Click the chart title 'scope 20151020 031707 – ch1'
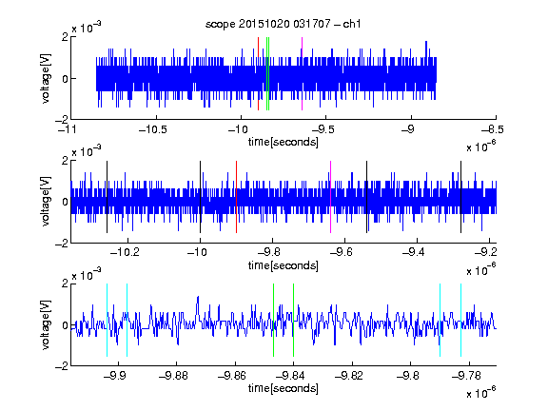tap(283, 24)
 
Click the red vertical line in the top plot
tap(258, 74)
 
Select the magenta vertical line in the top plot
tap(302, 74)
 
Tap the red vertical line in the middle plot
tap(236, 197)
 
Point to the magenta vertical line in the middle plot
tap(331, 197)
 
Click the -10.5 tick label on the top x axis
tap(153, 130)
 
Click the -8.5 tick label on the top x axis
tap(493, 130)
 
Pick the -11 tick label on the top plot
tap(68, 130)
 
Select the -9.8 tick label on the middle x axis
tap(268, 252)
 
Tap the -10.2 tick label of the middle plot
tap(125, 252)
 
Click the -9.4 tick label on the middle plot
tap(414, 252)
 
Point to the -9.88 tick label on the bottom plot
tap(173, 376)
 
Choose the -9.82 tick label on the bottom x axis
tap(349, 376)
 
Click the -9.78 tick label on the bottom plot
tap(466, 376)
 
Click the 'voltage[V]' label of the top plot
tap(46, 78)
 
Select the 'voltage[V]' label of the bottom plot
tap(46, 324)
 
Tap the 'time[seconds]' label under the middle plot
tap(284, 265)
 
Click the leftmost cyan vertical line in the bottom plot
tap(107, 320)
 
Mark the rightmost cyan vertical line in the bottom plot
tap(460, 320)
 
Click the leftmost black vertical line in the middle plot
tap(107, 197)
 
